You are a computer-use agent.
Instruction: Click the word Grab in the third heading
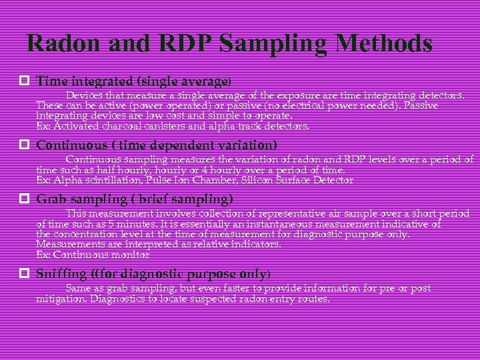click(51, 199)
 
